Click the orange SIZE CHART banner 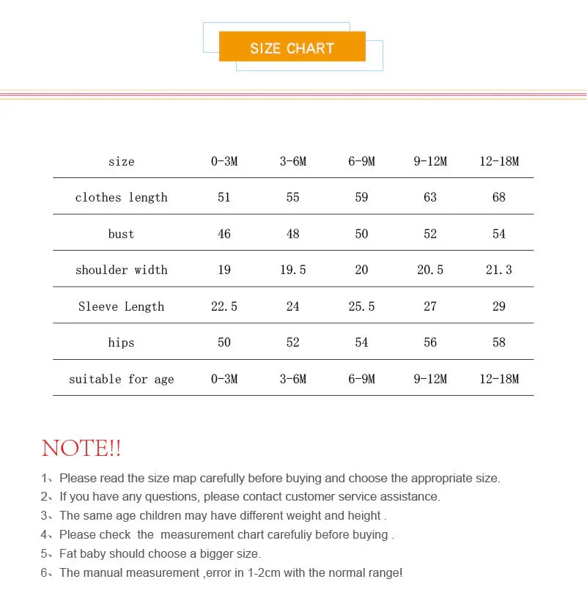pyautogui.click(x=292, y=48)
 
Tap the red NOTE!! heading pyautogui.click(x=81, y=448)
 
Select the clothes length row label pyautogui.click(x=122, y=197)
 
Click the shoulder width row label pyautogui.click(x=122, y=270)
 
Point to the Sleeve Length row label pyautogui.click(x=122, y=306)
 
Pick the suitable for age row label pyautogui.click(x=122, y=379)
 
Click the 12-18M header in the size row pyautogui.click(x=499, y=161)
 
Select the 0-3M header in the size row pyautogui.click(x=224, y=161)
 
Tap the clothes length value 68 pyautogui.click(x=499, y=197)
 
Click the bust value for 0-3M pyautogui.click(x=224, y=234)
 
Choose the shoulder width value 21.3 pyautogui.click(x=499, y=270)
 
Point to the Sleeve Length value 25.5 pyautogui.click(x=361, y=306)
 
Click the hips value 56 pyautogui.click(x=430, y=342)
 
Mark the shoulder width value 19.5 pyautogui.click(x=293, y=270)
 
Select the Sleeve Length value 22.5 pyautogui.click(x=224, y=306)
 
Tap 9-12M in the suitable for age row pyautogui.click(x=430, y=379)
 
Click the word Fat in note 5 pyautogui.click(x=69, y=553)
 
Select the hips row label pyautogui.click(x=122, y=342)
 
